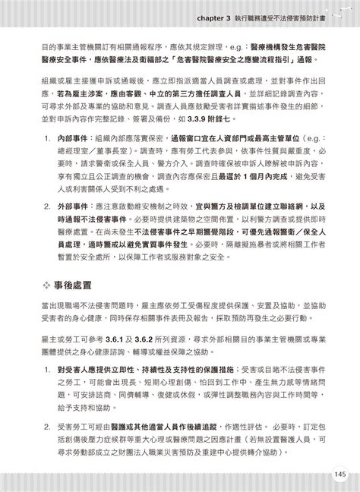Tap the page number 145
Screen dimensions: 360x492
338,475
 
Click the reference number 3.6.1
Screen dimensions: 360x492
118,334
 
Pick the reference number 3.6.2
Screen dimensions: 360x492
150,334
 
